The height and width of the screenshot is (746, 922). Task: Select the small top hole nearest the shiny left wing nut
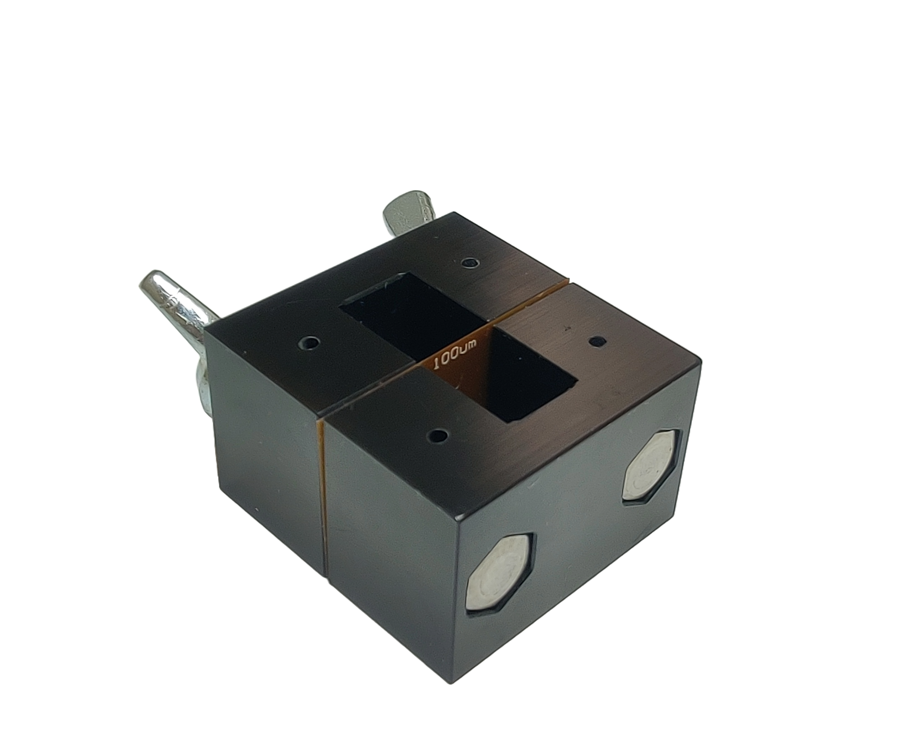pos(309,344)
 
